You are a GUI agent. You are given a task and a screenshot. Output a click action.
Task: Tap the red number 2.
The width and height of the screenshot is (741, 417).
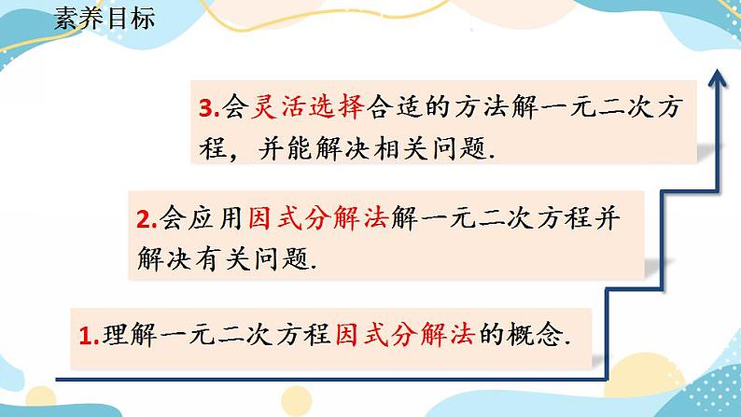click(x=144, y=219)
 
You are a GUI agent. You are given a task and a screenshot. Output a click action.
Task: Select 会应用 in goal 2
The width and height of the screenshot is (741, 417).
click(x=194, y=218)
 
